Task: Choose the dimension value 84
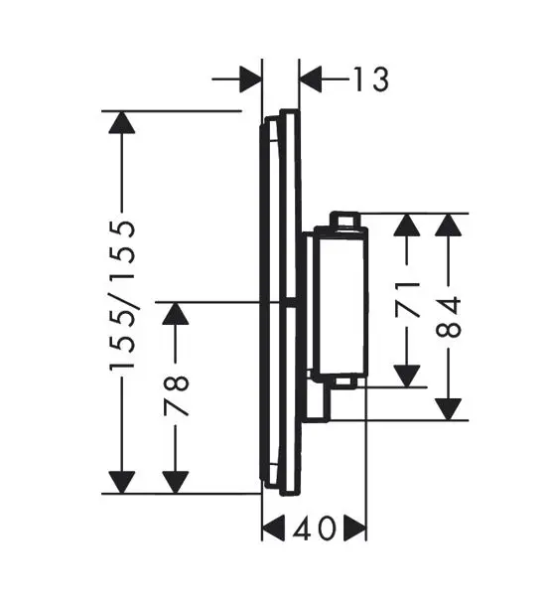pos(451,316)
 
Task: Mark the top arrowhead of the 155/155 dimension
pos(121,124)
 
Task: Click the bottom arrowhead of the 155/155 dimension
pos(121,481)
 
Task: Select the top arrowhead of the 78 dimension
pos(176,315)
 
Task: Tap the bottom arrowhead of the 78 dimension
pos(176,481)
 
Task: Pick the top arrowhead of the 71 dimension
pos(405,226)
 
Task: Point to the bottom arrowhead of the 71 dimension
pos(405,375)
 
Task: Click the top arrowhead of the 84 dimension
pos(450,226)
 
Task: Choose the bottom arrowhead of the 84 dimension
pos(450,408)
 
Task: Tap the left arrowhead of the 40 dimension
pos(274,527)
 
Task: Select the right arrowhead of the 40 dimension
pos(354,527)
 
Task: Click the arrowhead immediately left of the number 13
pos(311,78)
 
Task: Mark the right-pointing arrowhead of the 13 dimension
pos(249,78)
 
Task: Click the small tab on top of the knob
pos(344,220)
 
